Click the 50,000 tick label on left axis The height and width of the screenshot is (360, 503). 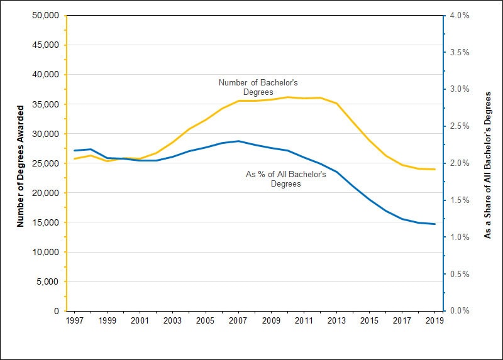coord(45,15)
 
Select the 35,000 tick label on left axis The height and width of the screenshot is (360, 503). coord(45,104)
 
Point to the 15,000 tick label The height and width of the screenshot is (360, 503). coord(45,222)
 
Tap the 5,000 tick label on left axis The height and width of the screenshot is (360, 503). coord(47,281)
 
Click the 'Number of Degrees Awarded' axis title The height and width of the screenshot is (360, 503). coord(20,163)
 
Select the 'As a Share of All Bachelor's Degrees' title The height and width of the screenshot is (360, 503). coord(487,163)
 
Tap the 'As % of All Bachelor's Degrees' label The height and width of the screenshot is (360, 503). coord(285,179)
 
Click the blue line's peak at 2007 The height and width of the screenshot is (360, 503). coord(238,141)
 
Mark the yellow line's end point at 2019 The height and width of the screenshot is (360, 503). coord(434,169)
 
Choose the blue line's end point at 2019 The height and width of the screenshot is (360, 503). coord(434,224)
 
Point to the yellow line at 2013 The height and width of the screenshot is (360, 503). coord(336,103)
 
